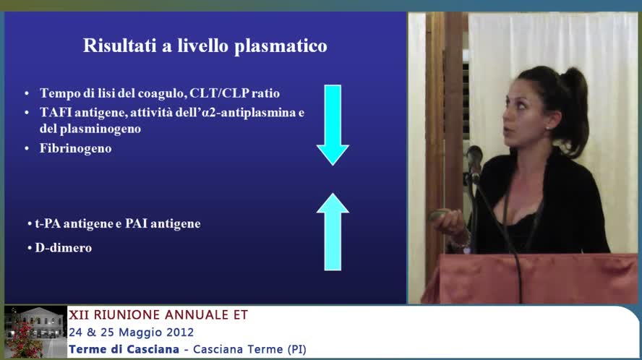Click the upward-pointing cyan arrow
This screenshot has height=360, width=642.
333,231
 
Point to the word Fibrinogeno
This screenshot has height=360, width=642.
75,148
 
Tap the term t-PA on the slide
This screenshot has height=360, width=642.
48,224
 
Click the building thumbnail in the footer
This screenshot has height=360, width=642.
34,332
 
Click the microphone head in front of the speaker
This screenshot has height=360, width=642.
474,156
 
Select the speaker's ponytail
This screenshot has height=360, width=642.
574,101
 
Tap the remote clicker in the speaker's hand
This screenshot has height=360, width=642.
439,215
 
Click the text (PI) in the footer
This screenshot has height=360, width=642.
295,350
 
